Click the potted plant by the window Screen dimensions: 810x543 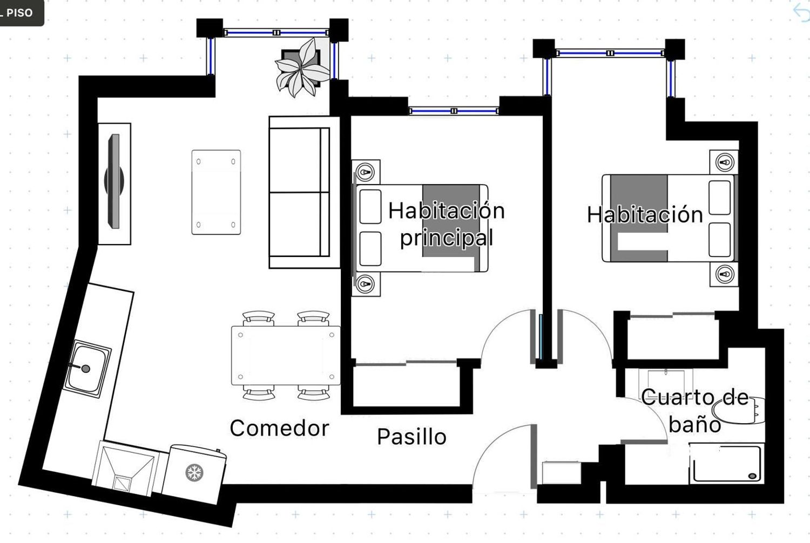(x=302, y=68)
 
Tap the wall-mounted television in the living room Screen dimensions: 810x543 (x=114, y=181)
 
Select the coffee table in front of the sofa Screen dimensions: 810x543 (x=216, y=192)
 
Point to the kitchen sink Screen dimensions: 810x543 (x=87, y=369)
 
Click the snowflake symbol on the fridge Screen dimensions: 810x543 (x=194, y=472)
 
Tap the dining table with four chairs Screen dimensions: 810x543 (x=286, y=356)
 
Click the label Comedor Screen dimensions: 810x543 (x=280, y=429)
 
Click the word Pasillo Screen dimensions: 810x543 (x=412, y=437)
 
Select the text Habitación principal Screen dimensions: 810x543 (x=447, y=224)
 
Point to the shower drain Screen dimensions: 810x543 (x=753, y=476)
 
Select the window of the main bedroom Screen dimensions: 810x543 (x=454, y=111)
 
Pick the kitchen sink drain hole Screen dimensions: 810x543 (x=86, y=369)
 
